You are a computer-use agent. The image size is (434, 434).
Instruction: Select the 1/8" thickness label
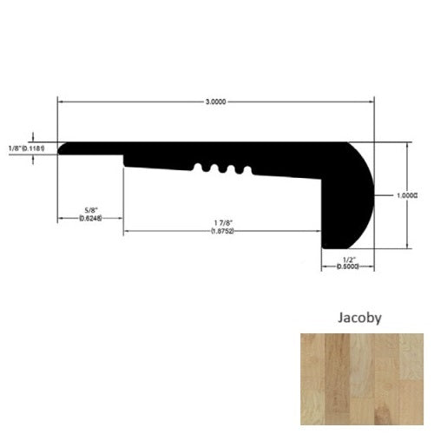[x=12, y=148]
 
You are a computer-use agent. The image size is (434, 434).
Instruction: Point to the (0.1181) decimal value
[x=32, y=148]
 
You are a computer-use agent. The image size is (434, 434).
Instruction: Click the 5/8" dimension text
[x=90, y=208]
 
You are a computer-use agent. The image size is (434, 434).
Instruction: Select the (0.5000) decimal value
[x=347, y=266]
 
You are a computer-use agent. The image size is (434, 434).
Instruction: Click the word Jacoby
[x=358, y=319]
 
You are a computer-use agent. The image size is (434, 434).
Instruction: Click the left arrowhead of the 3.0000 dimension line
[x=62, y=102]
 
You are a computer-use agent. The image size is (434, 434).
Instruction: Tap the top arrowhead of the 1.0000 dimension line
[x=408, y=148]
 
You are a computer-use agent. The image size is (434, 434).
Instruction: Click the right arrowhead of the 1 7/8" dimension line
[x=319, y=233]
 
